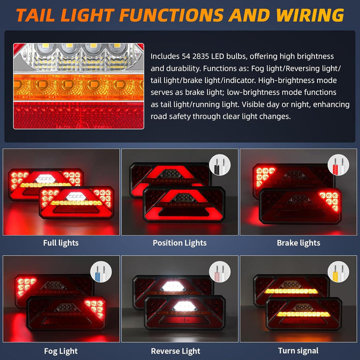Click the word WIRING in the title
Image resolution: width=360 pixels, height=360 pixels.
tap(309, 15)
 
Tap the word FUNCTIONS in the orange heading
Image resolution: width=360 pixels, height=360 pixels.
tap(171, 15)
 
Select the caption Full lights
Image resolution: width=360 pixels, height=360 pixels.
tap(61, 243)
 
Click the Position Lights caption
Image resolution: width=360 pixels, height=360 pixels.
tap(179, 243)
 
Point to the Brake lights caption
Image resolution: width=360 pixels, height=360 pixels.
tap(298, 243)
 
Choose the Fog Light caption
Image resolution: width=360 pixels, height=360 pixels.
tap(61, 351)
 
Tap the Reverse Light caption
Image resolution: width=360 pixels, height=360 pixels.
tap(175, 351)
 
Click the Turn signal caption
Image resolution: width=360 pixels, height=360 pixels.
tap(298, 351)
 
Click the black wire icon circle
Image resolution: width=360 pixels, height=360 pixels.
tap(219, 165)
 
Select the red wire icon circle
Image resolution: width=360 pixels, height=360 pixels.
tap(338, 165)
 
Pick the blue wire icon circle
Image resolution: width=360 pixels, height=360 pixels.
tap(101, 272)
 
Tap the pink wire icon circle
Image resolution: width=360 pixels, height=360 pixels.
tap(219, 272)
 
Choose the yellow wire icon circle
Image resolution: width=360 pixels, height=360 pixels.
tap(338, 272)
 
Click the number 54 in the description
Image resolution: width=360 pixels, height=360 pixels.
tap(185, 56)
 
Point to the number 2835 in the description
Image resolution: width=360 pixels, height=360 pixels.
tap(200, 56)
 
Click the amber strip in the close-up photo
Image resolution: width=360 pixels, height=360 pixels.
tap(78, 87)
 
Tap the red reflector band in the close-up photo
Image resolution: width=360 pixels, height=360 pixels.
tap(78, 115)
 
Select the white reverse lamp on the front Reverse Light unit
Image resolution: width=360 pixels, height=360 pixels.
tap(184, 306)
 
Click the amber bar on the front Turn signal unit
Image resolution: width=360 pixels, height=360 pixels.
tap(303, 314)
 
